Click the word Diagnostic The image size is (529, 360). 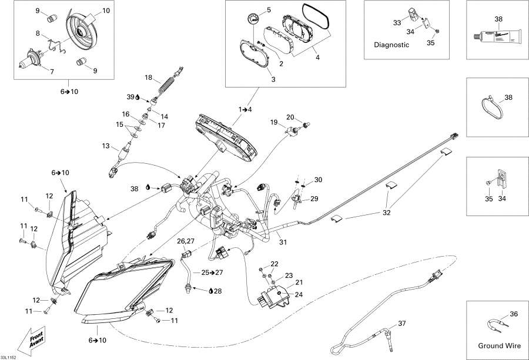point(391,45)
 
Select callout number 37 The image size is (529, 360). point(402,324)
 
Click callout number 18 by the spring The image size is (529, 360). point(149,78)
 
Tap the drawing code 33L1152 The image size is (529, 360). point(9,356)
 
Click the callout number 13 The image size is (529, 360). point(106,146)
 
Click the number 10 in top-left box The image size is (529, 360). point(106,11)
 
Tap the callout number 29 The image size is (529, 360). point(314,198)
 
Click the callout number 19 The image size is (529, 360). point(274,122)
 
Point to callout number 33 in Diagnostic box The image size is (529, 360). point(397,23)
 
